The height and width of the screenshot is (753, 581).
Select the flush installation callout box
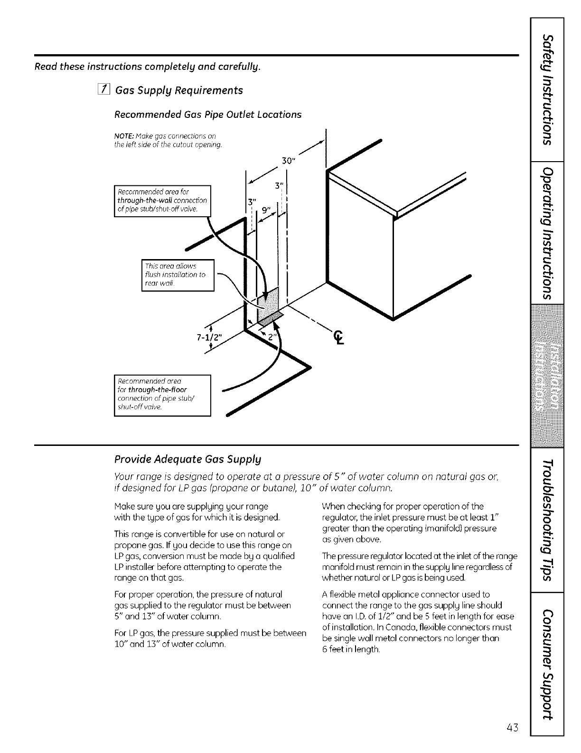tap(178, 275)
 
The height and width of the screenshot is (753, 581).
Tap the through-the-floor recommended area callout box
tap(162, 395)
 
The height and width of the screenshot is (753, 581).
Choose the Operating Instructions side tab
tap(548, 233)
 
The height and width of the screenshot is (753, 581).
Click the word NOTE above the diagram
tap(122, 136)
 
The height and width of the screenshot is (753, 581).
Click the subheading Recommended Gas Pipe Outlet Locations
tap(208, 115)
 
